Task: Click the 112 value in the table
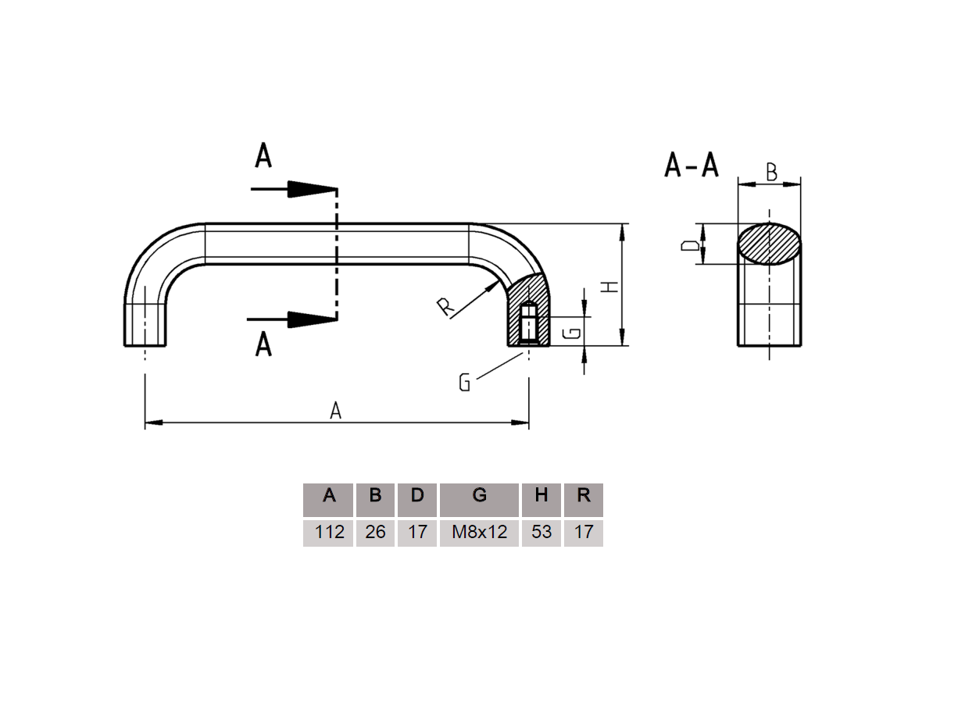pyautogui.click(x=329, y=533)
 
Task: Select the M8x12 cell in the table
pyautogui.click(x=479, y=533)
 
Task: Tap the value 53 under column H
pyautogui.click(x=541, y=533)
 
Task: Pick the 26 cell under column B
pyautogui.click(x=375, y=533)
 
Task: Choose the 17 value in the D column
pyautogui.click(x=417, y=533)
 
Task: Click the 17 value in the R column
pyautogui.click(x=583, y=533)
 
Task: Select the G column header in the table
pyautogui.click(x=479, y=496)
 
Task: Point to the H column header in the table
pyautogui.click(x=541, y=496)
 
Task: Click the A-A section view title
pyautogui.click(x=691, y=166)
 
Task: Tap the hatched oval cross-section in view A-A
pyautogui.click(x=769, y=244)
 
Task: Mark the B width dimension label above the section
pyautogui.click(x=771, y=173)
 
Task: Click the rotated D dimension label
pyautogui.click(x=689, y=244)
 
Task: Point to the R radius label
pyautogui.click(x=445, y=307)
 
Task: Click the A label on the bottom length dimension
pyautogui.click(x=336, y=411)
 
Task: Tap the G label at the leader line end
pyautogui.click(x=464, y=383)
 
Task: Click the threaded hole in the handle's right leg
pyautogui.click(x=528, y=321)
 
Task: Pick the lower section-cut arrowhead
pyautogui.click(x=311, y=319)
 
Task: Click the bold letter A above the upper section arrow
pyautogui.click(x=263, y=156)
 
